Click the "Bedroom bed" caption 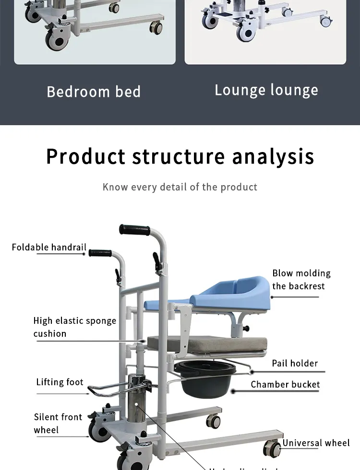pyautogui.click(x=94, y=92)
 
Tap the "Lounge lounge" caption pyautogui.click(x=266, y=90)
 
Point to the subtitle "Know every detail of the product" pyautogui.click(x=180, y=187)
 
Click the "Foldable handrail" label pyautogui.click(x=49, y=247)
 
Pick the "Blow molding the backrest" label pyautogui.click(x=301, y=280)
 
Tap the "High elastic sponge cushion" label pyautogui.click(x=74, y=327)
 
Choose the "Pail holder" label pyautogui.click(x=295, y=363)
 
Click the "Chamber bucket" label pyautogui.click(x=285, y=384)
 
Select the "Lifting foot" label pyautogui.click(x=60, y=382)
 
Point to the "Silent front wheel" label pyautogui.click(x=58, y=423)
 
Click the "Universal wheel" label pyautogui.click(x=316, y=443)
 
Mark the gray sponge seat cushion pyautogui.click(x=206, y=343)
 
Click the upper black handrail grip pyautogui.click(x=135, y=229)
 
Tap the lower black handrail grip pyautogui.click(x=100, y=253)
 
